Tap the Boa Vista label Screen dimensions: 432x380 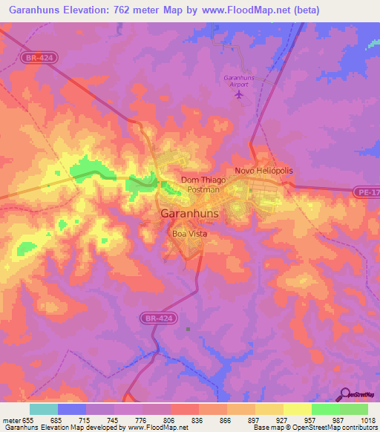pyautogui.click(x=189, y=234)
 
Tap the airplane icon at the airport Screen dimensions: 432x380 pyautogui.click(x=238, y=95)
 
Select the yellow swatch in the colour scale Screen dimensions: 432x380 pyautogui.click(x=297, y=409)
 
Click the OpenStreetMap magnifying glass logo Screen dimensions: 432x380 pyautogui.click(x=344, y=394)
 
